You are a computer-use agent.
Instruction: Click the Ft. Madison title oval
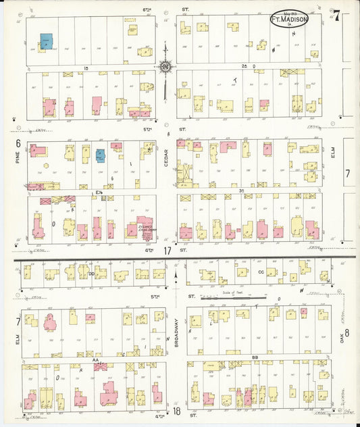[289, 19]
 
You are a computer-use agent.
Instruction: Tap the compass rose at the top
[165, 67]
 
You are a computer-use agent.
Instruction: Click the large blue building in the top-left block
[46, 41]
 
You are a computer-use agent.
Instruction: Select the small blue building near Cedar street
[100, 155]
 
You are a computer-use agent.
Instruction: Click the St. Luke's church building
[144, 228]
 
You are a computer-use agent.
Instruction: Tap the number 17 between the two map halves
[167, 251]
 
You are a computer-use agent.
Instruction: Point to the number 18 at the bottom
[176, 411]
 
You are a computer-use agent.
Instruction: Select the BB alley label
[255, 357]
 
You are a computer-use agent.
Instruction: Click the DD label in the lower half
[91, 274]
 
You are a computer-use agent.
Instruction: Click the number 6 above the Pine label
[16, 143]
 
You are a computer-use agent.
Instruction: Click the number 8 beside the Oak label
[346, 332]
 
